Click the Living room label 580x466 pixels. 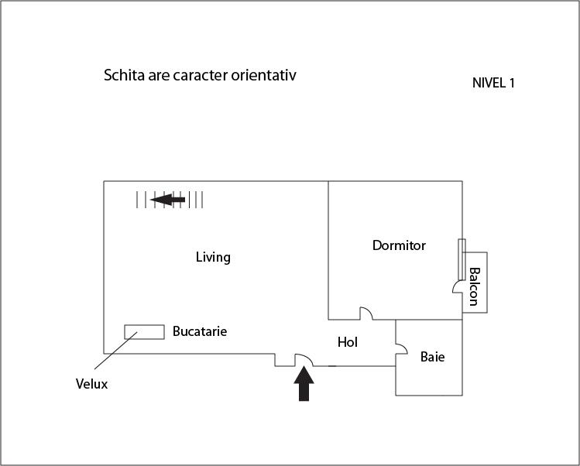click(x=213, y=257)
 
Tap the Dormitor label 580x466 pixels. click(x=399, y=245)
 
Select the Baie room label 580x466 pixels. click(x=433, y=357)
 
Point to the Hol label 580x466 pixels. click(x=348, y=341)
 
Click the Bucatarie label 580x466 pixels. click(x=200, y=331)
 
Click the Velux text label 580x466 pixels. click(x=91, y=383)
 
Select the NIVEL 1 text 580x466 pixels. click(x=493, y=83)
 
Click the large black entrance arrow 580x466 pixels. click(x=304, y=384)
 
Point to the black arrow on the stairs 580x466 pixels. click(x=168, y=200)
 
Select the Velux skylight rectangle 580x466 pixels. click(x=144, y=331)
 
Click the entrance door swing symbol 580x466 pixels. click(x=304, y=361)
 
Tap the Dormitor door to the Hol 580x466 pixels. click(x=366, y=314)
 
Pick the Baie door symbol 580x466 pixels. click(x=401, y=349)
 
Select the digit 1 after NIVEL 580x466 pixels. click(x=511, y=83)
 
